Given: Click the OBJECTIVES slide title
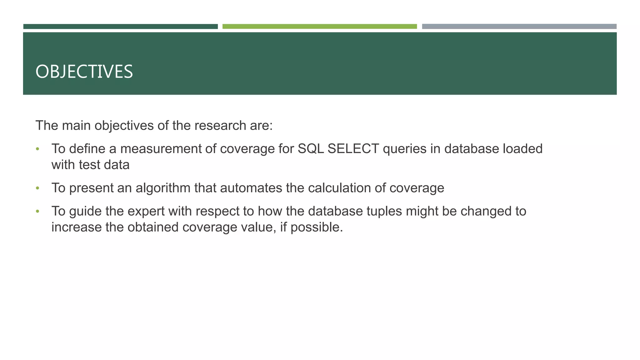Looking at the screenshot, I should click(84, 72).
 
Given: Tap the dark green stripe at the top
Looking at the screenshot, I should click(120, 27).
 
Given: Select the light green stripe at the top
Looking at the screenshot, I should click(319, 27).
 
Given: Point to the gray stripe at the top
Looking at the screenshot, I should click(519, 27).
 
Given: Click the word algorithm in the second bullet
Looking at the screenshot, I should click(163, 188).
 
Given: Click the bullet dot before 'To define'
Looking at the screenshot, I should click(37, 149).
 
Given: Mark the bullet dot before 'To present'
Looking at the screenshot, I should click(37, 188).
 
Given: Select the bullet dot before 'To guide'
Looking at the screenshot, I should click(37, 212).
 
